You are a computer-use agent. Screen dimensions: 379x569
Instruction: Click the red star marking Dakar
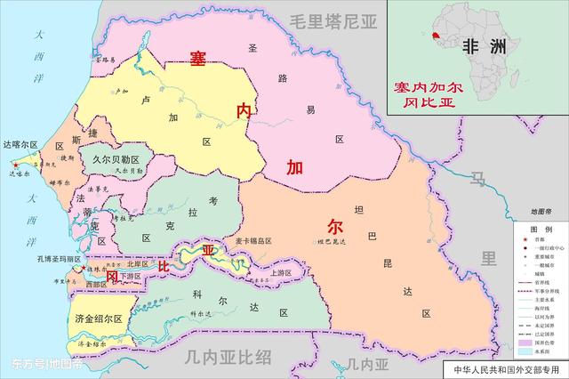click(15, 165)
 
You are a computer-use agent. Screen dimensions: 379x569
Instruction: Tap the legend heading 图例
click(541, 229)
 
